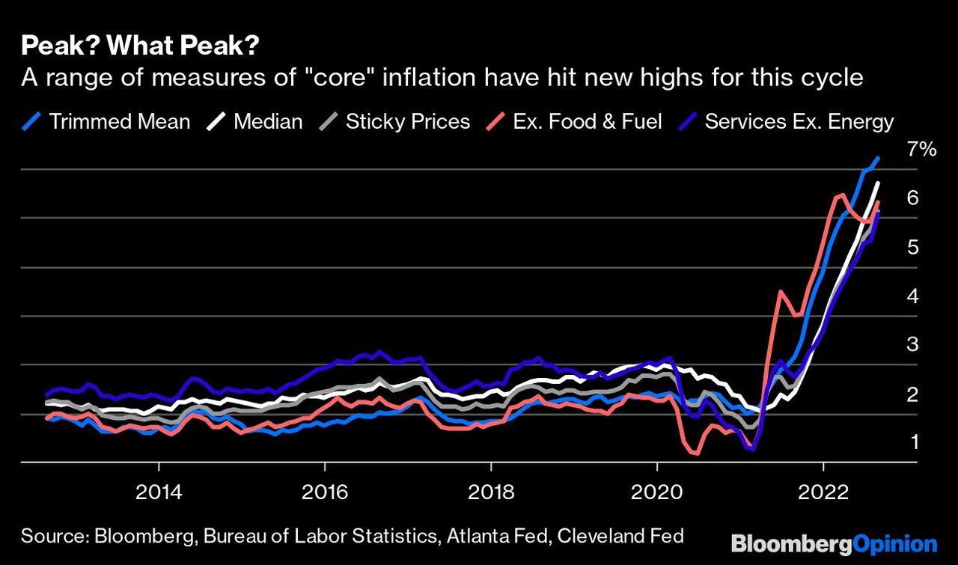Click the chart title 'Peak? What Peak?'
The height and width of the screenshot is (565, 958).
tap(140, 47)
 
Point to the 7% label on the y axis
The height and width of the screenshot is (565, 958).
tap(921, 149)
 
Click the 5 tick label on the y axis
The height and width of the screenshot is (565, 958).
tap(912, 247)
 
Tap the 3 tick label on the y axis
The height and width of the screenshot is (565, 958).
tap(912, 345)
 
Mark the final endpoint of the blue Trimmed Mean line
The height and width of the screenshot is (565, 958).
tap(878, 158)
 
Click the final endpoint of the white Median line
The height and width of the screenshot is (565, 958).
tap(878, 183)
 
